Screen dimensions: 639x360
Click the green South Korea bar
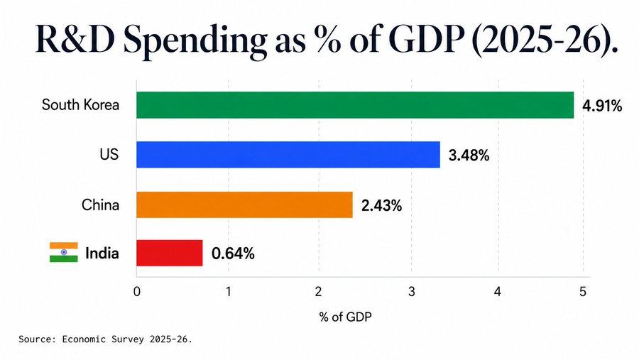click(x=355, y=105)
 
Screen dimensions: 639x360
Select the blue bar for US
click(x=288, y=155)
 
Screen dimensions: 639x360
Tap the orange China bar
click(x=244, y=204)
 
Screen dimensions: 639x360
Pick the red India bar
click(x=170, y=253)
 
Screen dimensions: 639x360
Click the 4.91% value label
click(x=602, y=106)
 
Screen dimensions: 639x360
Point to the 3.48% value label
click(x=469, y=156)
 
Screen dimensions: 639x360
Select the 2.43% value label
click(x=381, y=205)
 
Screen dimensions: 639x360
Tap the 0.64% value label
click(x=233, y=253)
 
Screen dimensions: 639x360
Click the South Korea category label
click(x=80, y=105)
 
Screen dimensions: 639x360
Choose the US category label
click(x=109, y=155)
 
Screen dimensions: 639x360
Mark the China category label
click(x=100, y=204)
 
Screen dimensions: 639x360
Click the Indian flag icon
click(x=64, y=252)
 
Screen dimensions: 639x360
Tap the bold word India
click(x=102, y=253)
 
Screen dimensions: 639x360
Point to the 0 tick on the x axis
click(x=136, y=292)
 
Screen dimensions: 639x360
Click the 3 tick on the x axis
click(x=412, y=292)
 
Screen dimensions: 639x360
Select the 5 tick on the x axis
click(x=583, y=292)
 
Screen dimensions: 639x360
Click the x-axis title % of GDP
click(x=346, y=317)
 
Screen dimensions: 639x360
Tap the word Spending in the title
click(x=195, y=40)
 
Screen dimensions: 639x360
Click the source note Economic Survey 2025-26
click(x=127, y=339)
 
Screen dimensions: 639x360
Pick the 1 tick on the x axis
click(x=229, y=292)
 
